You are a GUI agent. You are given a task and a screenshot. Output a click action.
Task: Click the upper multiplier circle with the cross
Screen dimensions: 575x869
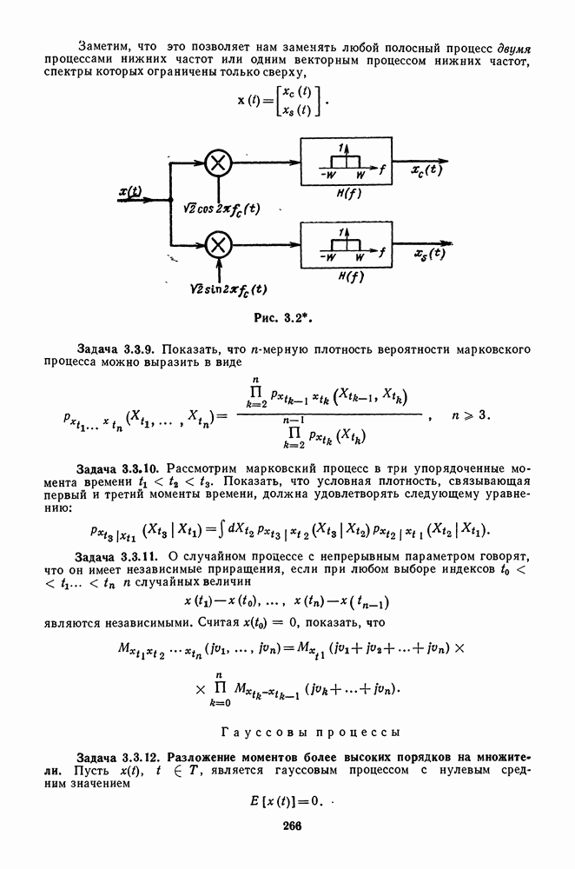[x=218, y=163]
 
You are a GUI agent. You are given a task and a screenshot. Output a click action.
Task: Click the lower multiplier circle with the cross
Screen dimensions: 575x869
[x=218, y=244]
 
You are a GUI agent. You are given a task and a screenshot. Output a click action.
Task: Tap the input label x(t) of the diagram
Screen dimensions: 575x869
[x=131, y=192]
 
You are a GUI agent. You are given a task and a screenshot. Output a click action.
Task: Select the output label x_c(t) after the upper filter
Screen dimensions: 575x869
[x=426, y=169]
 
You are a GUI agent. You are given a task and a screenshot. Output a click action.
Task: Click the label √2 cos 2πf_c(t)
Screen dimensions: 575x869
[x=221, y=209]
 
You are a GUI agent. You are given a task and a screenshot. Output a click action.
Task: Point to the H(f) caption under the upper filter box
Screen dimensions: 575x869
[x=350, y=194]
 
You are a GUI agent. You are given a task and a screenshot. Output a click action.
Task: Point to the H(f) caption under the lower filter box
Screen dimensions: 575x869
[x=351, y=276]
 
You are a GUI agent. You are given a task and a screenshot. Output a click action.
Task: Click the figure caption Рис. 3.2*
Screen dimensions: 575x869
[x=280, y=318]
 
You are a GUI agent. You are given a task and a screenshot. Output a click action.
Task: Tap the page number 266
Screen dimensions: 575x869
[x=292, y=826]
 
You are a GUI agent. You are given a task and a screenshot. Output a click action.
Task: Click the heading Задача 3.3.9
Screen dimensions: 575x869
[x=117, y=349]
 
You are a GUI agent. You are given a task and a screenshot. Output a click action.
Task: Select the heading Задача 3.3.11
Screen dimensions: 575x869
[x=118, y=557]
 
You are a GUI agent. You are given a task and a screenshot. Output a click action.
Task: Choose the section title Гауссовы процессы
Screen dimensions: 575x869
[x=310, y=732]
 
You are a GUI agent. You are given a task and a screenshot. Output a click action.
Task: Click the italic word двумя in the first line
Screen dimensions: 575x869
[x=514, y=48]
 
